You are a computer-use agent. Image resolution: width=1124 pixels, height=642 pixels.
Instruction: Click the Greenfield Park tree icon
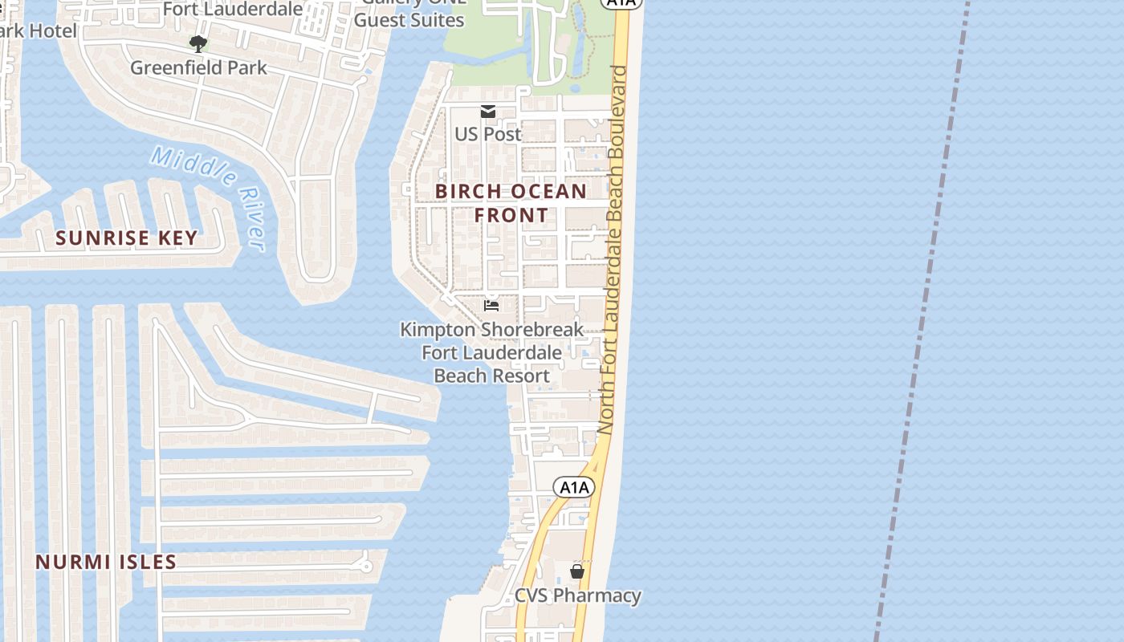198,43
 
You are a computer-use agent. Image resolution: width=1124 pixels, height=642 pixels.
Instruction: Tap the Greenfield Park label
198,67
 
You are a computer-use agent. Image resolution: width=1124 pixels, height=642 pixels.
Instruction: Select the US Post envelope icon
488,112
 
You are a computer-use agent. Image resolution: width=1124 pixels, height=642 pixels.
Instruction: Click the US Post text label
488,134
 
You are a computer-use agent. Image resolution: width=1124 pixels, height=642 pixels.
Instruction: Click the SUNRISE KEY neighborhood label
126,238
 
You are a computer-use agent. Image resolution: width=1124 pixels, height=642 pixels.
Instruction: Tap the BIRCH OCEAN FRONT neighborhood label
511,203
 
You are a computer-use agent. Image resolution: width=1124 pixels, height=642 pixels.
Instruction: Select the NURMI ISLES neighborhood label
105,562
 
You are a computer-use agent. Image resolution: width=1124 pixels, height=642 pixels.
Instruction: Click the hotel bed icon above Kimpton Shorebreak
491,305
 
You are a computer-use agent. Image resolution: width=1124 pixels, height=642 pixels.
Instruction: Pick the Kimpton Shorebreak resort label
491,352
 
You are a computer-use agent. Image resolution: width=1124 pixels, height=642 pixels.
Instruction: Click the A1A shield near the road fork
574,487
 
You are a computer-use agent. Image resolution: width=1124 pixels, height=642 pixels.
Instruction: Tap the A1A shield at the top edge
621,3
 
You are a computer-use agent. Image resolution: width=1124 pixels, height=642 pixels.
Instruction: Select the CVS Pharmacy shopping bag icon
576,571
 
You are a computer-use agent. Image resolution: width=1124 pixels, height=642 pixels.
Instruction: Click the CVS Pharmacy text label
577,595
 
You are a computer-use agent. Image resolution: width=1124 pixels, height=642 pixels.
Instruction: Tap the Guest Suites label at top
409,20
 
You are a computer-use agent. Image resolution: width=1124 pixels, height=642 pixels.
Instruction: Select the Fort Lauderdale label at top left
233,9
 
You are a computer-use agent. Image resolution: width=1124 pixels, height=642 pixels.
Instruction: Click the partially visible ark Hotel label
39,31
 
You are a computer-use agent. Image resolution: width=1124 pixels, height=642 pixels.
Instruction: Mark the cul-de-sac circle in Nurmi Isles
367,567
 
